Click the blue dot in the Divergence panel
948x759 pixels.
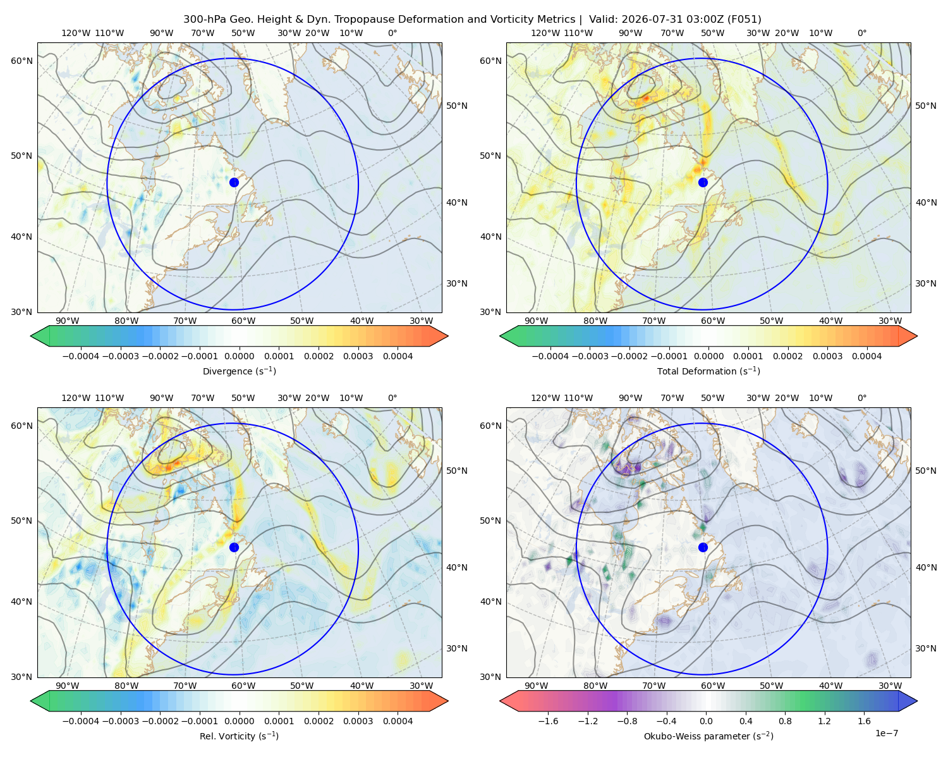tap(234, 183)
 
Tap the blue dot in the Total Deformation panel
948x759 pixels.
tap(703, 183)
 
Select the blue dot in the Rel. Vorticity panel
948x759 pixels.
tap(234, 547)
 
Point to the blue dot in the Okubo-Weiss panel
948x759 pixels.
tap(703, 547)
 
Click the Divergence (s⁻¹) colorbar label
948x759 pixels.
tap(239, 371)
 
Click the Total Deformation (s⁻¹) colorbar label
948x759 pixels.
tap(708, 371)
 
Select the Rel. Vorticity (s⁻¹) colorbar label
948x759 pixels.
tap(239, 736)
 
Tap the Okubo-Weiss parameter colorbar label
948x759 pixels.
tap(708, 736)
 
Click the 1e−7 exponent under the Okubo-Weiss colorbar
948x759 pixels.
tap(886, 733)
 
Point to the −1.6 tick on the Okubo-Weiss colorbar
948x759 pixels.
tap(548, 721)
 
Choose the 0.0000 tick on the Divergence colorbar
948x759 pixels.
tap(239, 356)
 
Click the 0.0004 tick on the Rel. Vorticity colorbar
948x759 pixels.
tap(398, 721)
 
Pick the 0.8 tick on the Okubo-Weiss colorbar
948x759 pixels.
tap(785, 721)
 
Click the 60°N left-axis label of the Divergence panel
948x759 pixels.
tap(21, 61)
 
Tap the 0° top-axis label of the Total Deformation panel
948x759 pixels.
tap(862, 33)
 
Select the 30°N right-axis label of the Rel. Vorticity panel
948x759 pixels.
tap(457, 648)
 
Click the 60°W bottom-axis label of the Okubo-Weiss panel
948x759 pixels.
tap(713, 686)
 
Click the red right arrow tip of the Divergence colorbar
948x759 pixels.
tap(447, 336)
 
